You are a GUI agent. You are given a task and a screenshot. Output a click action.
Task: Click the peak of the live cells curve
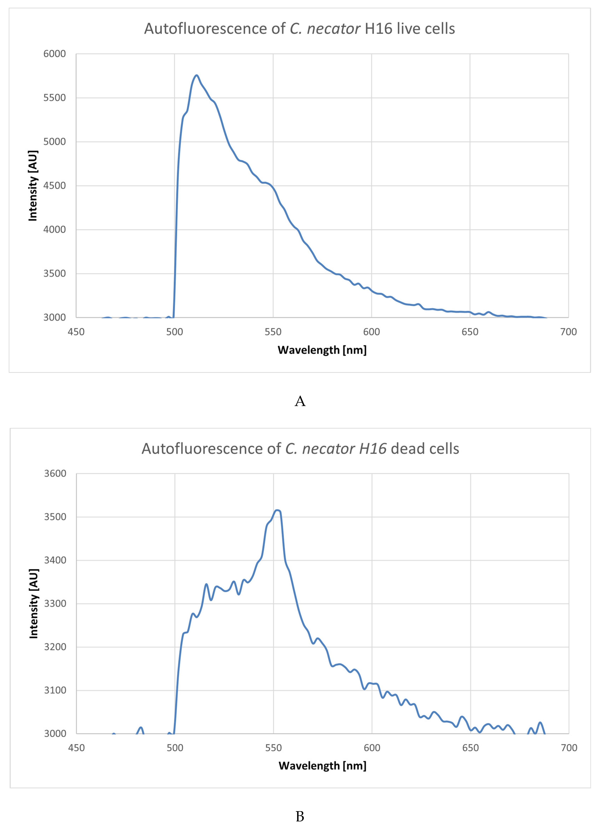(x=196, y=75)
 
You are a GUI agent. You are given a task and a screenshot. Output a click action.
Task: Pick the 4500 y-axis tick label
(x=54, y=186)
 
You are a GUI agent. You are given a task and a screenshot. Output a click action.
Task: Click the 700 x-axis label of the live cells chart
(x=568, y=332)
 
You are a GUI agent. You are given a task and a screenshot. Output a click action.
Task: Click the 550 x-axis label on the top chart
(x=273, y=332)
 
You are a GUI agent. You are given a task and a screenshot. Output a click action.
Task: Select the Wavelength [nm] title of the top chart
(x=322, y=350)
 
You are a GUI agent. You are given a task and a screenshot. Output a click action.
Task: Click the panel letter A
(x=300, y=401)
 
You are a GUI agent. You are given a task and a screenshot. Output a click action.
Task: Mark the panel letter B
(x=300, y=816)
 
